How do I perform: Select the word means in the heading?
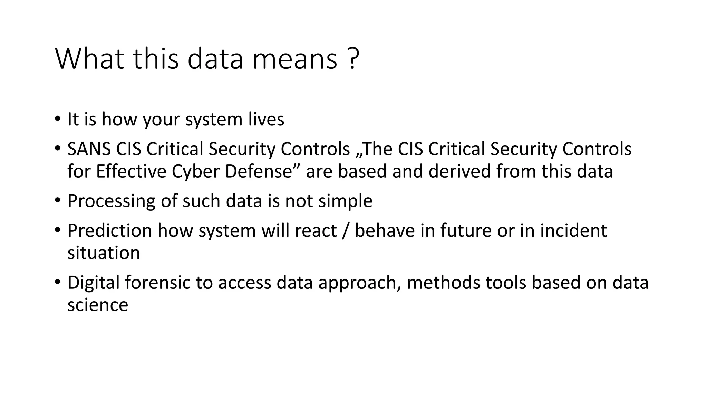[x=294, y=59]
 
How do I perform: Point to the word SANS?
[x=89, y=149]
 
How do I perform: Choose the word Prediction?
[x=109, y=230]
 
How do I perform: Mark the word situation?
[x=104, y=253]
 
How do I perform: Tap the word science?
[x=98, y=305]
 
